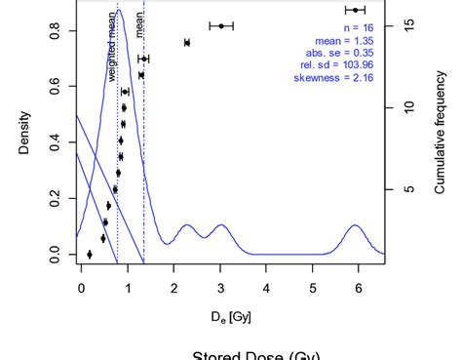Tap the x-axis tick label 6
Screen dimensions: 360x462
pyautogui.click(x=359, y=288)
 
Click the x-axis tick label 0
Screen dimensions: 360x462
pyautogui.click(x=81, y=288)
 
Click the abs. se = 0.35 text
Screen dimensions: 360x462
pyautogui.click(x=343, y=54)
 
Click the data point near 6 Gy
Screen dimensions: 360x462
pyautogui.click(x=355, y=10)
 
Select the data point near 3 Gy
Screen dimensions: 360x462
pyautogui.click(x=222, y=25)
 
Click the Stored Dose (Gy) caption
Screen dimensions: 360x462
pyautogui.click(x=256, y=354)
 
